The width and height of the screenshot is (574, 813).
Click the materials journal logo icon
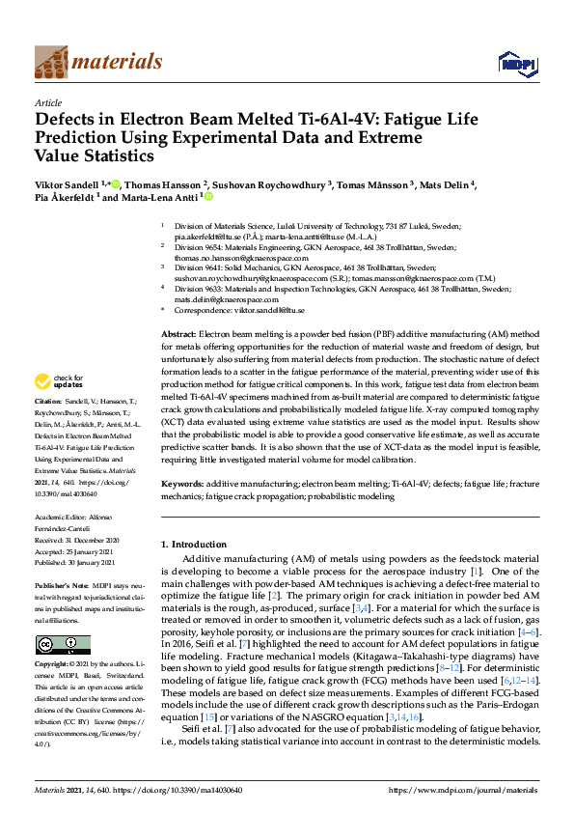click(50, 61)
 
